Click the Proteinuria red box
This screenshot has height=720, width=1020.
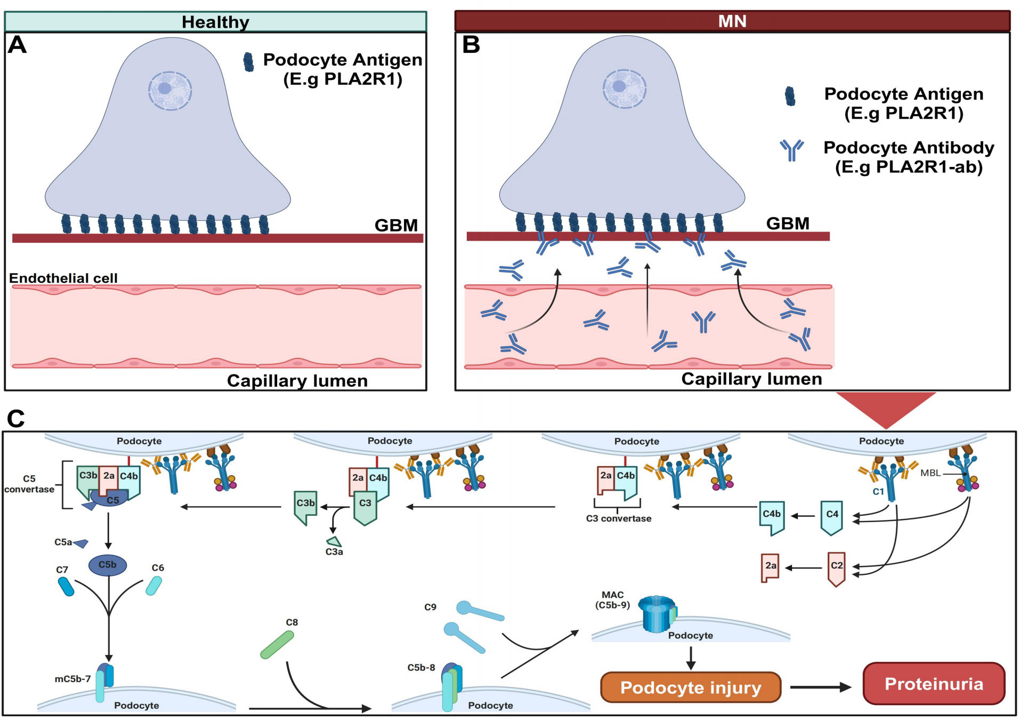(933, 684)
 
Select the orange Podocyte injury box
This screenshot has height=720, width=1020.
(690, 687)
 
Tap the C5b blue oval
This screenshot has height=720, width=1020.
(108, 565)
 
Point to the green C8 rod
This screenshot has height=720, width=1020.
(277, 644)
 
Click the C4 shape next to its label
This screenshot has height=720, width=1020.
(831, 517)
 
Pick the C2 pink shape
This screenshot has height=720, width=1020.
(837, 569)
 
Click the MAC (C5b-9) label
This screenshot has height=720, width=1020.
(612, 599)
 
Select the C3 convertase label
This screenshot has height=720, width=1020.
(618, 518)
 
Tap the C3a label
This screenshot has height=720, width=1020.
(334, 552)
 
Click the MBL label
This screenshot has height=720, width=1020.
(930, 473)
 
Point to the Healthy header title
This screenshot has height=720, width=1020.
(215, 22)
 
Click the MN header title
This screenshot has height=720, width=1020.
(732, 21)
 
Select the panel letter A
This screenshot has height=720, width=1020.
(17, 45)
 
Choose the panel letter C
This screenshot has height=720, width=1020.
(15, 419)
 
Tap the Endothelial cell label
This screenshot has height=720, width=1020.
(63, 278)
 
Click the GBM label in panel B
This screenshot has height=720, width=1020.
(787, 223)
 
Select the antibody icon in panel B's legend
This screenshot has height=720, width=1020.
(791, 149)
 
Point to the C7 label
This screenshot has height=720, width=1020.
(62, 570)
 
